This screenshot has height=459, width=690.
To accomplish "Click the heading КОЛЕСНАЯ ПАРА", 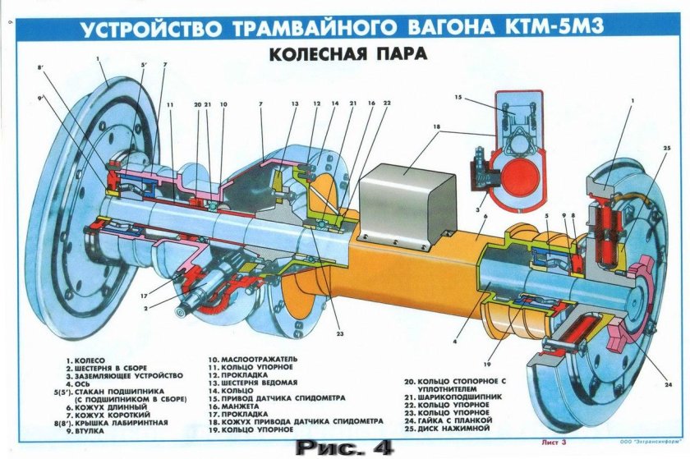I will [x=344, y=57].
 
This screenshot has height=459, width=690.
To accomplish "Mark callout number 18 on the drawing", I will [x=437, y=128].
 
